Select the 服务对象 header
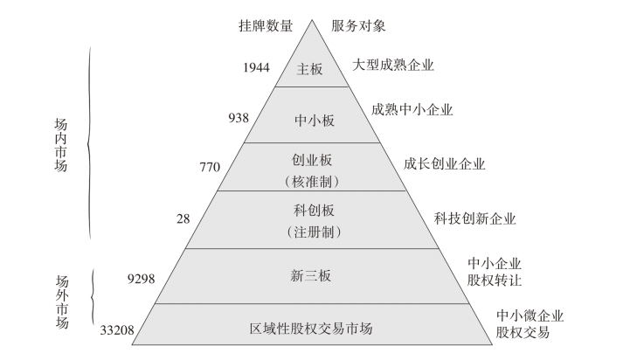pos(358,26)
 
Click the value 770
pos(210,164)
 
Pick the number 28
pos(183,218)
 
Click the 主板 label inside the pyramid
pos(311,69)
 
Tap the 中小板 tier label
pos(311,120)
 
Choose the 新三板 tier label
pos(311,277)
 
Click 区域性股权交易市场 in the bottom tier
pos(311,329)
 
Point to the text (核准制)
pos(311,182)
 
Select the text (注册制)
pos(311,232)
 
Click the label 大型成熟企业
pos(394,65)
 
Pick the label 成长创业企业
pos(444,163)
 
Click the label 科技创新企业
pos(475,218)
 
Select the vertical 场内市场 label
pos(61,144)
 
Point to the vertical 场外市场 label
pos(61,302)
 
